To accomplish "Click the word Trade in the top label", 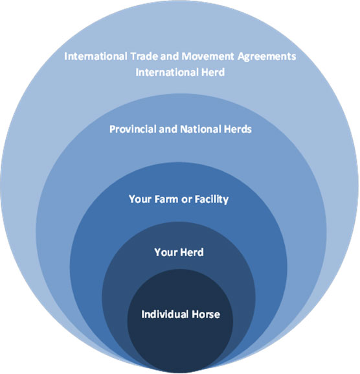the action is point(144,56).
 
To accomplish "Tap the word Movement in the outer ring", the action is point(208,56).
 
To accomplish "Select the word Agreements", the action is point(267,57).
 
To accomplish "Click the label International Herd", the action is point(180,72).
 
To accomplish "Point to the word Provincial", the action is point(133,129).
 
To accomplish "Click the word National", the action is point(201,129).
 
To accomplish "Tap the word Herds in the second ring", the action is point(238,129).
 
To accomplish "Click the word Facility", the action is point(212,200).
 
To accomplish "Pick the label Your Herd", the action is point(179,252).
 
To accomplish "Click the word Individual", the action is point(166,314).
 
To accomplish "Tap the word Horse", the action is point(206,314).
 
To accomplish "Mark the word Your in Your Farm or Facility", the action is point(141,199).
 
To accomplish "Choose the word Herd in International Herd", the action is point(213,72).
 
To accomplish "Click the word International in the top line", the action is point(96,56).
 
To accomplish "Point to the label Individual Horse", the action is point(181,314).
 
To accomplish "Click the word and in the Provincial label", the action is point(168,129).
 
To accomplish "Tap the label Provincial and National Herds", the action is point(181,129).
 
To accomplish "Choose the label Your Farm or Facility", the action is point(179,200).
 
